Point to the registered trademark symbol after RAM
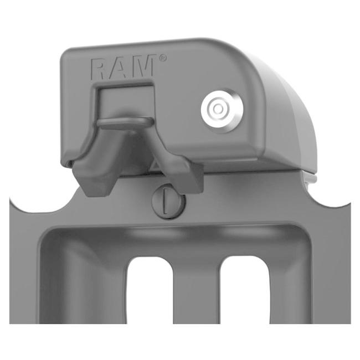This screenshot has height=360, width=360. (x=162, y=58)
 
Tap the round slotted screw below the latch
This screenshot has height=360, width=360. (x=168, y=200)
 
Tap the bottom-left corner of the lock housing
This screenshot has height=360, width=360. (x=65, y=163)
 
